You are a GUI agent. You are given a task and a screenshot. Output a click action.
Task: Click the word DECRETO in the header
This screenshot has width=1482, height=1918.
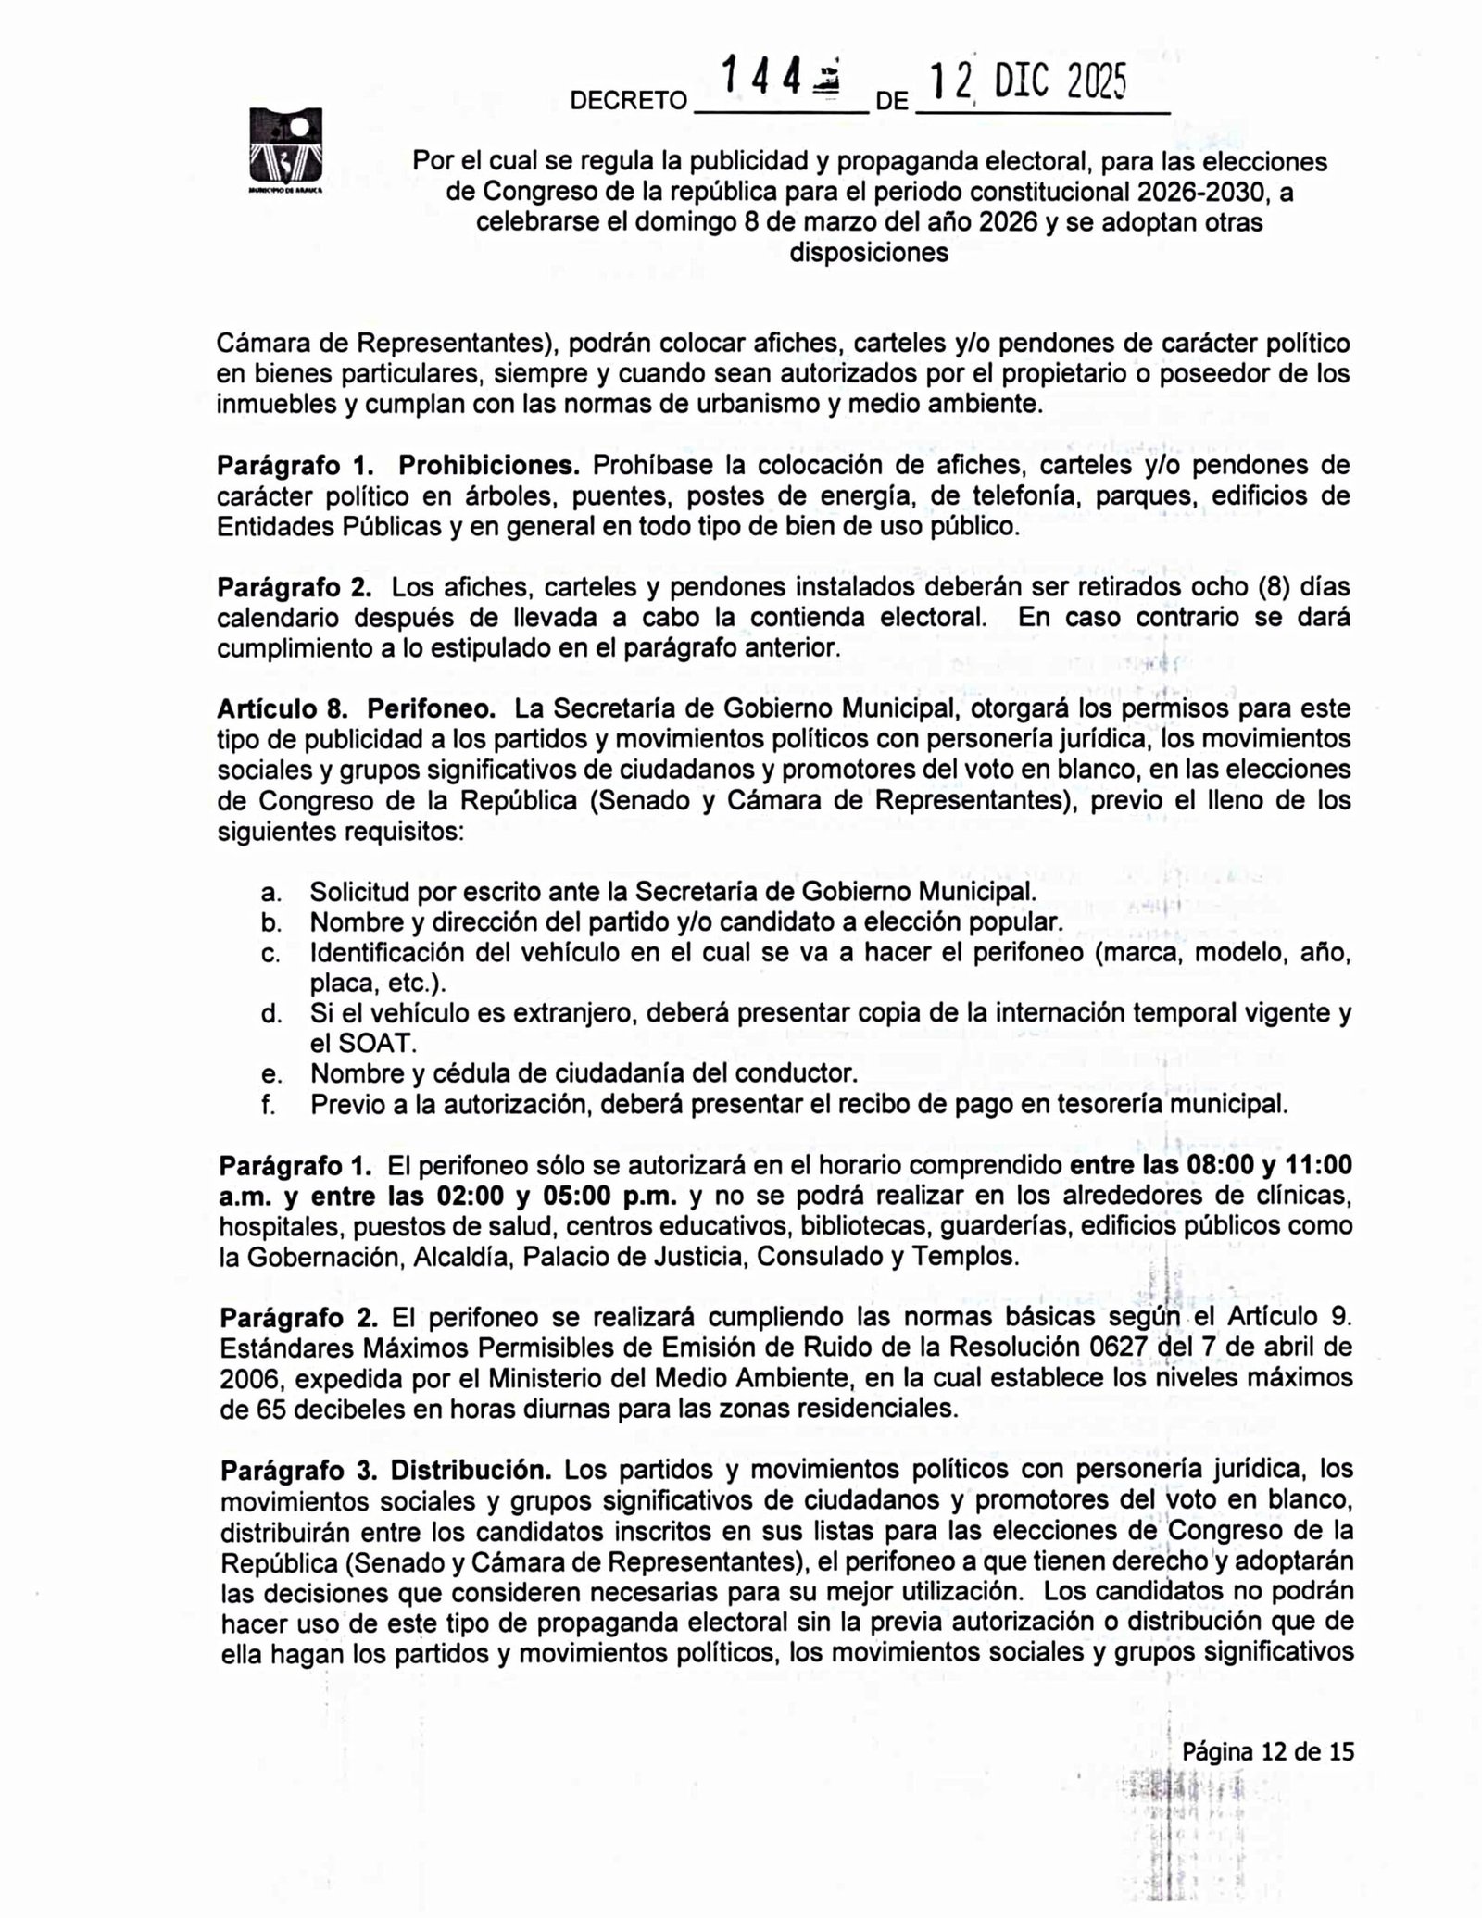(628, 101)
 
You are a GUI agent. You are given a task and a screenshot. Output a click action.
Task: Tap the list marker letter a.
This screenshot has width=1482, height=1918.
(270, 893)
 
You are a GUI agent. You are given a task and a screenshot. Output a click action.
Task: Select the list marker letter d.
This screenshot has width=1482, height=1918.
(270, 1013)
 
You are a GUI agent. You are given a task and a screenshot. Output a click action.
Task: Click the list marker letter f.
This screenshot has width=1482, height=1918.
(268, 1104)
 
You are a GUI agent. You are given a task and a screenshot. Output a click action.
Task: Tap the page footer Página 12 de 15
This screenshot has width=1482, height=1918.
(1267, 1751)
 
